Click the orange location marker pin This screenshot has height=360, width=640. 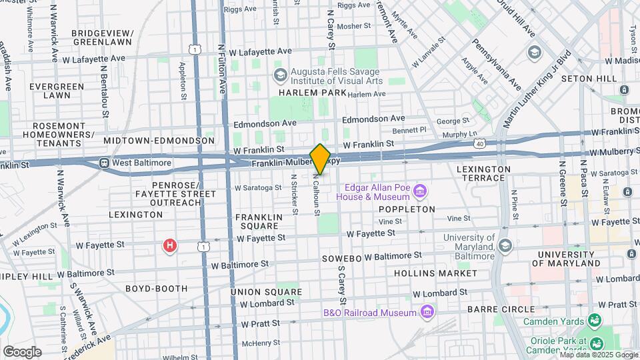[x=321, y=158]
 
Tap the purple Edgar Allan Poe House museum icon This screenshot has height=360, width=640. [x=420, y=192]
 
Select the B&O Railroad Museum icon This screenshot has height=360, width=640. [x=427, y=312]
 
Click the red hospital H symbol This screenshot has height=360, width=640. [x=170, y=246]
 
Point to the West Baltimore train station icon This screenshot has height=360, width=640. [x=105, y=163]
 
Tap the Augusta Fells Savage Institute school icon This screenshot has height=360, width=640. [x=280, y=74]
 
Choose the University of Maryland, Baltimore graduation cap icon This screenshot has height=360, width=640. [x=505, y=247]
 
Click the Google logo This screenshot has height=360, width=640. [x=22, y=351]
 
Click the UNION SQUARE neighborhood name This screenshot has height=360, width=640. [x=265, y=292]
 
